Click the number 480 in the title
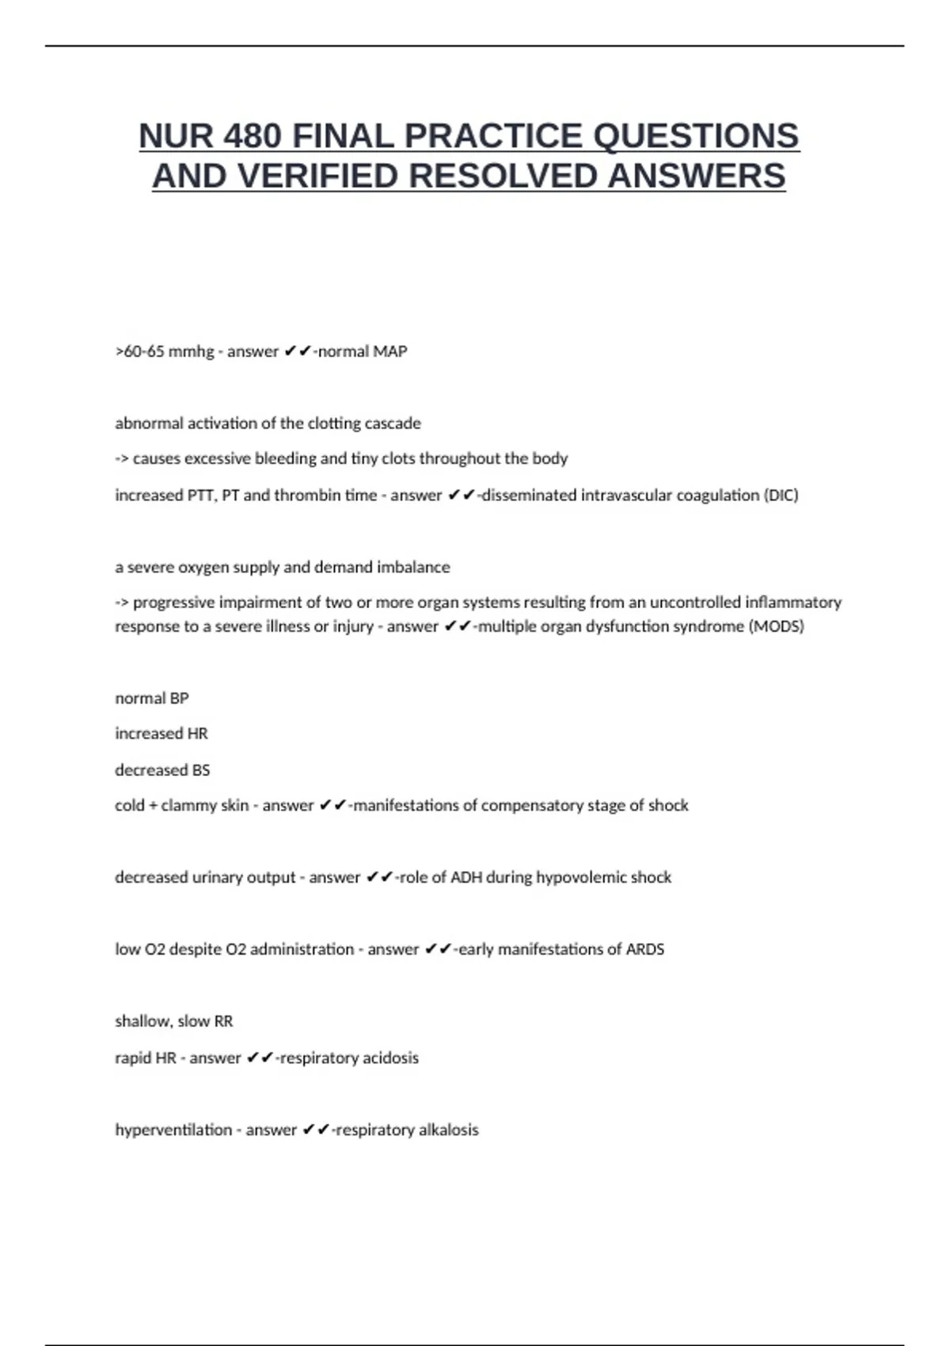(253, 136)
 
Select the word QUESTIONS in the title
(696, 136)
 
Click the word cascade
(393, 424)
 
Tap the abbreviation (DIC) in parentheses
(781, 496)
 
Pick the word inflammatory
(793, 603)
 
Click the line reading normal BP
(152, 698)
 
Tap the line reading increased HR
(161, 734)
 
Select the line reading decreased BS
(162, 770)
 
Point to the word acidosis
(390, 1058)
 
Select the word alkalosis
(448, 1130)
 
